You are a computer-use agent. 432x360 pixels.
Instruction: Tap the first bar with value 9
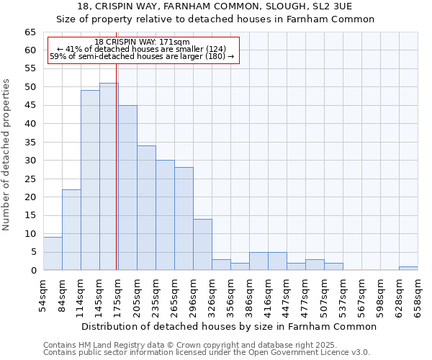click(x=53, y=253)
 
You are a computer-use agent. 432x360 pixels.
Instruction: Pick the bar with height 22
click(x=71, y=230)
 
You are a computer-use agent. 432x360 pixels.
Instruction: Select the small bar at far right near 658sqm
click(x=408, y=269)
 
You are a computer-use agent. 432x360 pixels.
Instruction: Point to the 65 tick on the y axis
click(x=30, y=32)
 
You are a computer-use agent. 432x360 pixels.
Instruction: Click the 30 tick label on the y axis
click(x=30, y=161)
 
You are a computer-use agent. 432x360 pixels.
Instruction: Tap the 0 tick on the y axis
click(x=33, y=270)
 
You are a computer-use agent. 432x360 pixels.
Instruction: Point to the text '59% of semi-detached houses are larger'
click(x=142, y=56)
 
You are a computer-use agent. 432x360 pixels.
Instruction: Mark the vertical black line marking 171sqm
click(x=116, y=180)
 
